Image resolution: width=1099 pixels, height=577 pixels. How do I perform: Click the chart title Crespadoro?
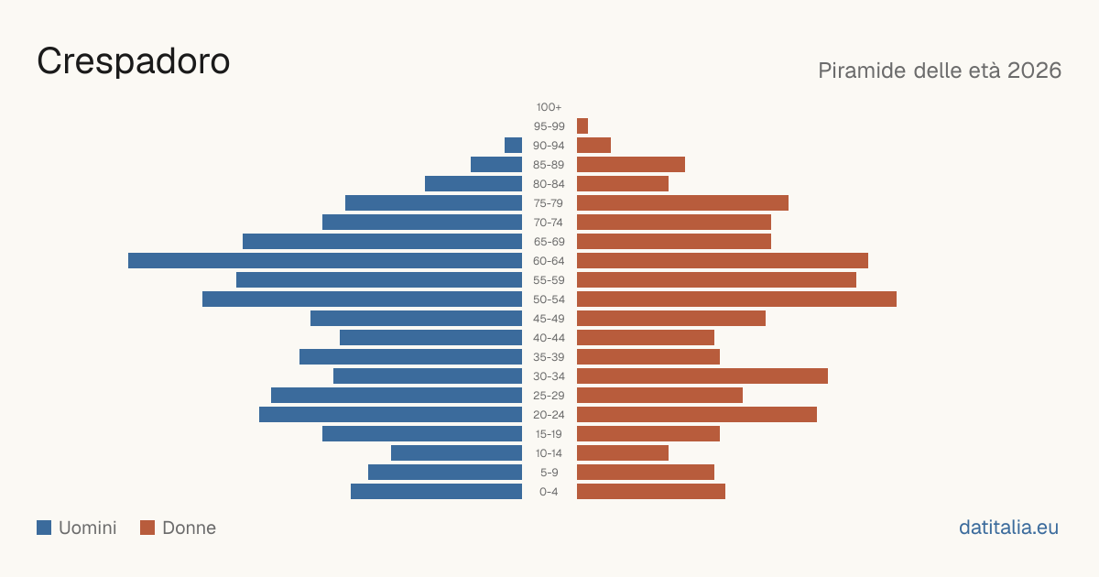coord(134,61)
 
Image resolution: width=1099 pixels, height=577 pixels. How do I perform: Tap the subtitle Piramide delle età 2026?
coord(940,71)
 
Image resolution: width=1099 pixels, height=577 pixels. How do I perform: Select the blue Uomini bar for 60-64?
coord(325,260)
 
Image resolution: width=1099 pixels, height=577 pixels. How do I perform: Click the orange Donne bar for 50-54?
coord(736,299)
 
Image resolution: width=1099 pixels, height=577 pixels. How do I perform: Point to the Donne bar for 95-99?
coord(582,126)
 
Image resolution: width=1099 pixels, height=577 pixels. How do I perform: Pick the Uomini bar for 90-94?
coord(513,146)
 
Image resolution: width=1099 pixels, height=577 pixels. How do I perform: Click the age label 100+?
coord(549,107)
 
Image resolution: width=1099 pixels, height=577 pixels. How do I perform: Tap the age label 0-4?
coord(549,492)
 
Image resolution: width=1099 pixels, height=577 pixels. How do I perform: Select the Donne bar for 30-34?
coord(702,376)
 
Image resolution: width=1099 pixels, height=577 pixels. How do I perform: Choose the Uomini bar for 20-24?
coord(390,415)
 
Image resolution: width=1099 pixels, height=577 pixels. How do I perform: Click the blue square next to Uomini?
coord(44,528)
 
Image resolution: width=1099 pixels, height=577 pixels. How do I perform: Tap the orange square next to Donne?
coord(147,528)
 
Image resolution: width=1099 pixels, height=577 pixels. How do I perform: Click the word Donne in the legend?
coord(190,528)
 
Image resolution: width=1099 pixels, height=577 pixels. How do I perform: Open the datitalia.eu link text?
coord(1008,528)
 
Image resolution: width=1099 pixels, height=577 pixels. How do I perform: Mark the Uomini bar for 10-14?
coord(456,452)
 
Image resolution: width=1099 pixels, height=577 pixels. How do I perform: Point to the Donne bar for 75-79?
coord(682,203)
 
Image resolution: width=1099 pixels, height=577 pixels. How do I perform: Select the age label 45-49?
coord(549,319)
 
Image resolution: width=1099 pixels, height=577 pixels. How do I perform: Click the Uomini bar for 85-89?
coord(496,164)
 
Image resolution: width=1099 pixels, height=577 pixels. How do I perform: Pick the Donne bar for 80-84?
coord(623,184)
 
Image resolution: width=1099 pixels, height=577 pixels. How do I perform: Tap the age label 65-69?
coord(549,242)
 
